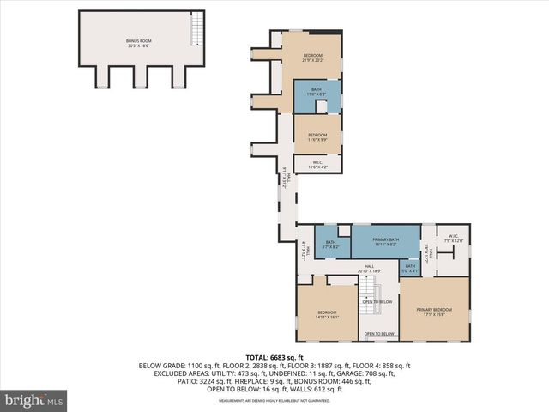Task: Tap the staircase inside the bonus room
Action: (197, 32)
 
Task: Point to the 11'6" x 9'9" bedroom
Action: (317, 136)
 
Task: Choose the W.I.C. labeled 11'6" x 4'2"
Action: (317, 164)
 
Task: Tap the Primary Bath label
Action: (386, 241)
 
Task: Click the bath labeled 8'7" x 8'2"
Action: (331, 244)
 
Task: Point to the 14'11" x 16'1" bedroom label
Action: (328, 314)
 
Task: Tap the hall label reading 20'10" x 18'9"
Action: (370, 269)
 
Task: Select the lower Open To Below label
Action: (379, 334)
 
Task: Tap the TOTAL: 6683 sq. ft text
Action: (274, 357)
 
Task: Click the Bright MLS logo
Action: (35, 399)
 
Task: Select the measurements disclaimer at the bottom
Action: (274, 401)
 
